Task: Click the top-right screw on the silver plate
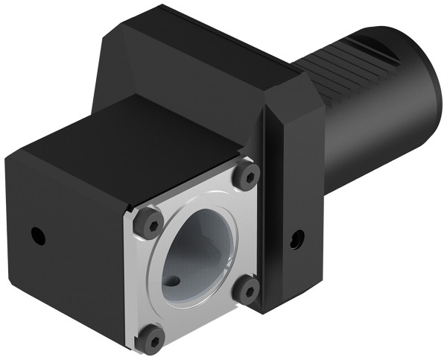click(x=247, y=176)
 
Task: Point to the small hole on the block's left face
click(x=39, y=238)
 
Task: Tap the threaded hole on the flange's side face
click(x=297, y=239)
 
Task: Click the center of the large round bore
click(x=195, y=253)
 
